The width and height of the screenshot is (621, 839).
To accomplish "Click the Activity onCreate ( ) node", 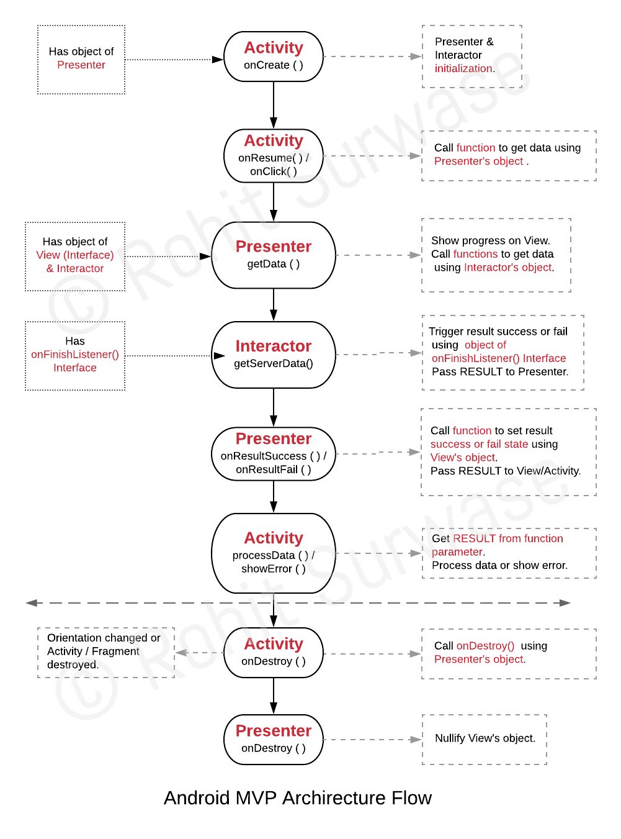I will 273,57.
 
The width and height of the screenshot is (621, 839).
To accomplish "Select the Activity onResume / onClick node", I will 273,156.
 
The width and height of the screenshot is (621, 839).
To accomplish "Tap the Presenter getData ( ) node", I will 273,255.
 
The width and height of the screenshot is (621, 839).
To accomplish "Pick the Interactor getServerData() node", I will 273,355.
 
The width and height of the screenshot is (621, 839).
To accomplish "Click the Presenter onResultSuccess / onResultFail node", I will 273,454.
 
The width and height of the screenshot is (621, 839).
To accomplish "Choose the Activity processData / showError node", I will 273,553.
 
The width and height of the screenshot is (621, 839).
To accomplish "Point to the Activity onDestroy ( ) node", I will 273,653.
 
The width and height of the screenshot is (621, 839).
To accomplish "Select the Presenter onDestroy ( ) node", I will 273,740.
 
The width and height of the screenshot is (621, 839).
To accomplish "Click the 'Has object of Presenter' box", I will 81,60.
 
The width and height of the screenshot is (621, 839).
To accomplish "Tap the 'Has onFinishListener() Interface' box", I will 75,355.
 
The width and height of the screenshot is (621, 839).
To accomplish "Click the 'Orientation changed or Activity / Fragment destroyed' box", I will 105,652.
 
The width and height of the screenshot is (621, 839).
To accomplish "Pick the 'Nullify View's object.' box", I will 485,739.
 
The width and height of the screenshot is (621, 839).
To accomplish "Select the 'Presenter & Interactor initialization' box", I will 471,57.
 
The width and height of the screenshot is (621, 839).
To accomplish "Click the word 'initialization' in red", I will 463,69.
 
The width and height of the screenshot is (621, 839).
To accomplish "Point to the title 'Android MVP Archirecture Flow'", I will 298,798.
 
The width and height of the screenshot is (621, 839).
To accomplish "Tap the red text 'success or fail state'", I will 479,445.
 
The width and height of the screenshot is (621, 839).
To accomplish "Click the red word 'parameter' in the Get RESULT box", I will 457,552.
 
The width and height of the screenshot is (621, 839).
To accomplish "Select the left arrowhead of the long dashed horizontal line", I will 32,603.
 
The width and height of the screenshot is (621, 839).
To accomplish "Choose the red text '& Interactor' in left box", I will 75,269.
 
